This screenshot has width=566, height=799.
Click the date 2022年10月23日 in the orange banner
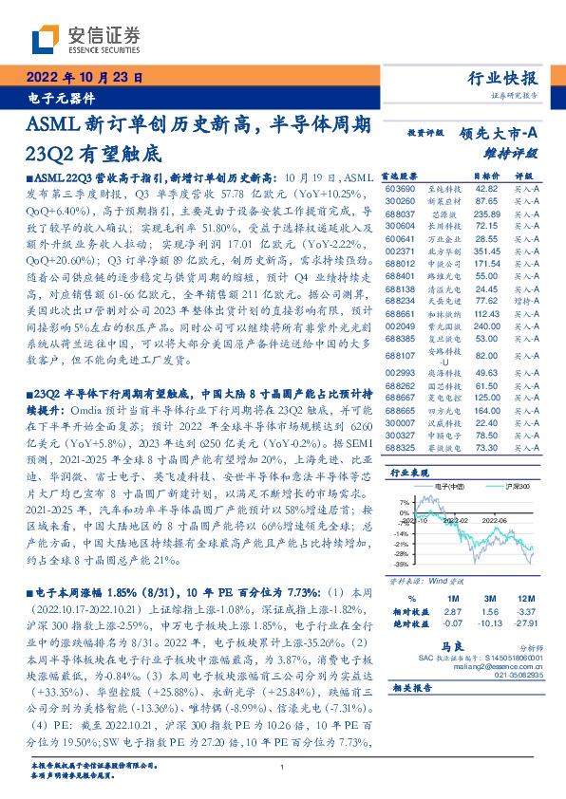(x=83, y=79)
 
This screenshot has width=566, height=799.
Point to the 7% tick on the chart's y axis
(x=404, y=501)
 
